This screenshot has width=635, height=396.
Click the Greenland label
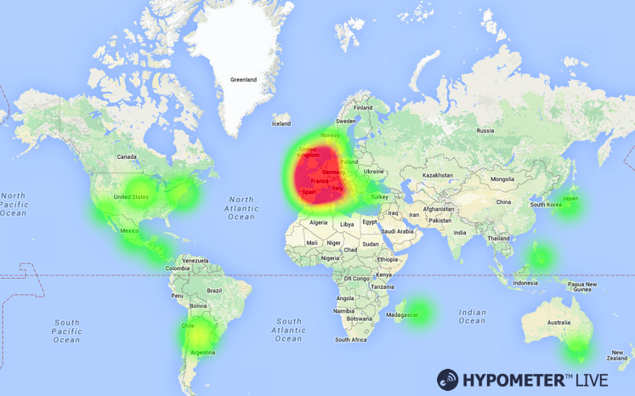click(243, 80)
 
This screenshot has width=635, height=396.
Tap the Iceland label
click(281, 124)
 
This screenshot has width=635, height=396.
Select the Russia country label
click(485, 131)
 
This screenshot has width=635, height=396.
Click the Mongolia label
click(502, 179)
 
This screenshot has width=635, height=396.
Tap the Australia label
click(558, 323)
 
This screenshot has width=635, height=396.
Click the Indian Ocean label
click(472, 316)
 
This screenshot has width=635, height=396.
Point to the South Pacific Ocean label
click(67, 331)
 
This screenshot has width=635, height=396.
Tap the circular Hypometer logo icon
click(448, 380)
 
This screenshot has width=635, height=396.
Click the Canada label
click(127, 157)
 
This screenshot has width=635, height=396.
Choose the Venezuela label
click(196, 260)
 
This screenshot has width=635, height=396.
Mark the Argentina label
click(202, 352)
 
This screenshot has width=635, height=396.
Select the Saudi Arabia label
click(397, 231)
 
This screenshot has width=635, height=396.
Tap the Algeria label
click(318, 223)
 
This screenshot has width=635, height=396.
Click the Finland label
click(363, 108)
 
